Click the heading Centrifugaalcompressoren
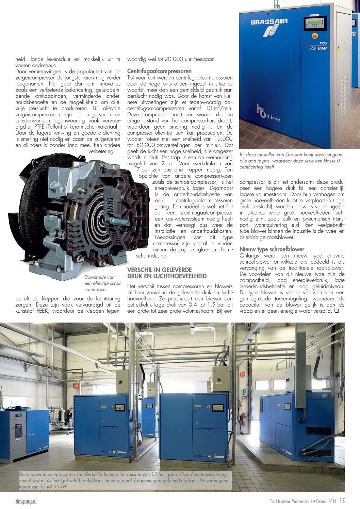[x=159, y=71]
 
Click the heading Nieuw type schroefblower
[x=272, y=249]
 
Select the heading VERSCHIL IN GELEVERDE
[x=160, y=269]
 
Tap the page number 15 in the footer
[x=342, y=501]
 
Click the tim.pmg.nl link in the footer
[x=26, y=501]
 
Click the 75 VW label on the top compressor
[x=318, y=48]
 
